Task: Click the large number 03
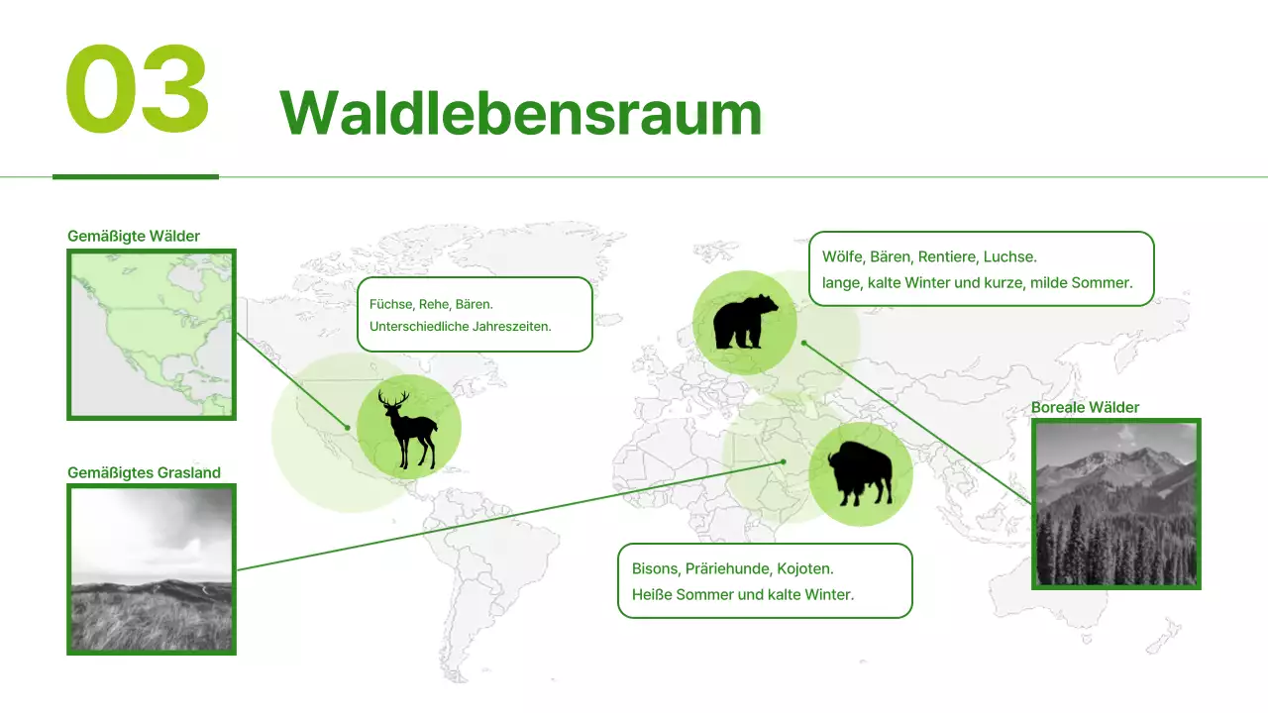click(x=137, y=91)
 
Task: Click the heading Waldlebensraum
click(x=520, y=113)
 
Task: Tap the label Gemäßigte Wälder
click(x=134, y=236)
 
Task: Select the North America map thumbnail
click(x=152, y=334)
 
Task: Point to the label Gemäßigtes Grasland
click(x=144, y=472)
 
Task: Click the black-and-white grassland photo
click(x=152, y=569)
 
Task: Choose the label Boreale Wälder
click(x=1085, y=407)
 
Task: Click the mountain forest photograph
click(x=1115, y=504)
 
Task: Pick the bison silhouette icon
click(x=860, y=474)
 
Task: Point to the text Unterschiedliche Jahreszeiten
click(x=460, y=326)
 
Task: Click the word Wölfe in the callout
click(x=843, y=256)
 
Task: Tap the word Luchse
click(x=1009, y=256)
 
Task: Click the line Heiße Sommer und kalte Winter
click(x=742, y=595)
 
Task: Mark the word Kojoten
click(x=805, y=569)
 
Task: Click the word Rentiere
click(x=945, y=256)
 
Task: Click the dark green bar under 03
click(x=135, y=176)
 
